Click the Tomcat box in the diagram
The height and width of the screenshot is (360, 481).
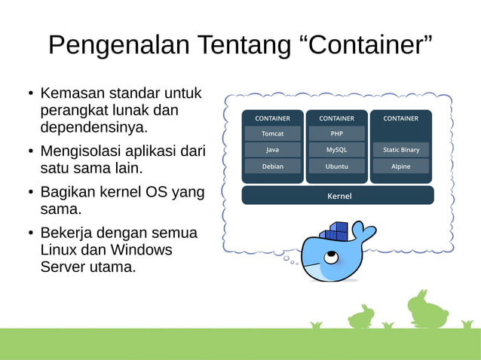pyautogui.click(x=272, y=133)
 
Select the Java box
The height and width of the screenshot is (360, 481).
pyautogui.click(x=272, y=150)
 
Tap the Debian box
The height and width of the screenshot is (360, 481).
pyautogui.click(x=272, y=166)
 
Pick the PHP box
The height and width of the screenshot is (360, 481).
pyautogui.click(x=336, y=133)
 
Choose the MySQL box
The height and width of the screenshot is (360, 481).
pyautogui.click(x=336, y=150)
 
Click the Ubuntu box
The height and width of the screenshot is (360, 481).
pyautogui.click(x=336, y=166)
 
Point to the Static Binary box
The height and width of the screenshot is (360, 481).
pyautogui.click(x=400, y=150)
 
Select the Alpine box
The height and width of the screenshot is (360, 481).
pyautogui.click(x=400, y=166)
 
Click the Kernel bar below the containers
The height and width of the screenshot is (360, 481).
pyautogui.click(x=338, y=196)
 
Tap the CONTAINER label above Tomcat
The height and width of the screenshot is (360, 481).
pyautogui.click(x=272, y=118)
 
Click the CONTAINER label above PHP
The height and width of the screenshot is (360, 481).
pyautogui.click(x=336, y=118)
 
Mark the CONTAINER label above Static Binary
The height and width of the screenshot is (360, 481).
pyautogui.click(x=400, y=118)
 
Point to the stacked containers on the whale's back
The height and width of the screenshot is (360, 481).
pyautogui.click(x=333, y=230)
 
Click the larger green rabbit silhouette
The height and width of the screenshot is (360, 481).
pyautogui.click(x=427, y=309)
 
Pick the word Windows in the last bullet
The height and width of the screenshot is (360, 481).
pyautogui.click(x=142, y=250)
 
